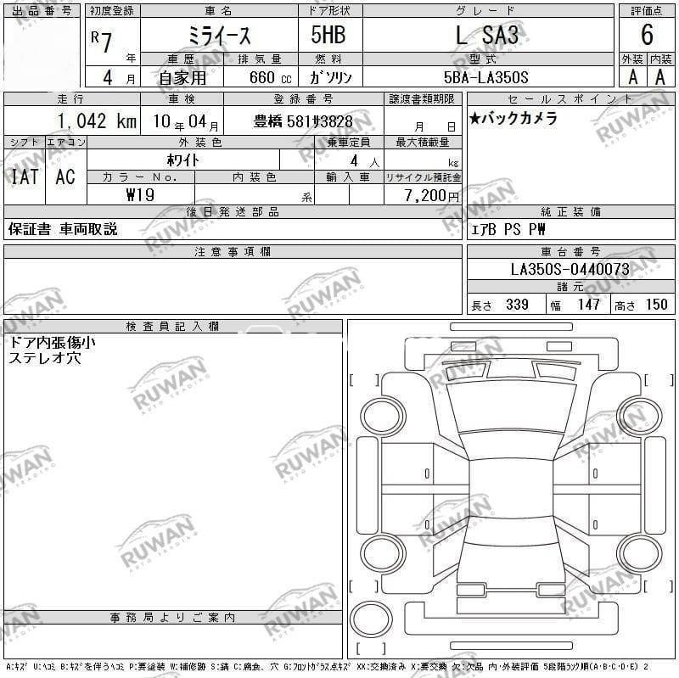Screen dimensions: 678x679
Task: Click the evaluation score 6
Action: coord(647,36)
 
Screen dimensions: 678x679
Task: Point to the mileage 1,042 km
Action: coord(97,120)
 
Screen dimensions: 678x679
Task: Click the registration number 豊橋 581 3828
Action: coord(303,121)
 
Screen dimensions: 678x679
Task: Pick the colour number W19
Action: coord(140,194)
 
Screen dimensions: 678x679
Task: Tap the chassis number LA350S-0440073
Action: coord(570,270)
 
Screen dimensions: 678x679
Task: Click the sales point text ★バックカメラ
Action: coord(513,119)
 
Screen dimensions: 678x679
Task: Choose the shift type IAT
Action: coord(24,177)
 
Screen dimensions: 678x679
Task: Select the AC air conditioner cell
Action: coord(65,177)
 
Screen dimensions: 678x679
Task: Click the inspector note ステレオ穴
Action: coord(44,358)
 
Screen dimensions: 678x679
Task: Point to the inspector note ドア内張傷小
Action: coord(52,343)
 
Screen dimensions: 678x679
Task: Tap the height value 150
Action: coord(656,305)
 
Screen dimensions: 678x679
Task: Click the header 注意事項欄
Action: coord(233,252)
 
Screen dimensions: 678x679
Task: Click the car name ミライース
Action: coord(218,36)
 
